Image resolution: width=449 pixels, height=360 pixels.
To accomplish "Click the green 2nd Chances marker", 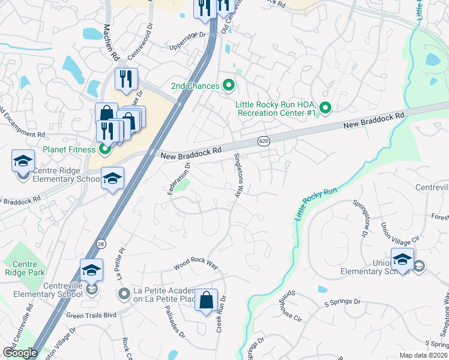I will point(228,86).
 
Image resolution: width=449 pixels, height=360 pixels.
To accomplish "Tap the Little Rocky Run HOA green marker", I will point(325,108).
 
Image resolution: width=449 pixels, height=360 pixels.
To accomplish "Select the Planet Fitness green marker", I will point(105,149).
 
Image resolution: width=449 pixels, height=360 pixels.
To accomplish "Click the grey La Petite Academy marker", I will point(124,293).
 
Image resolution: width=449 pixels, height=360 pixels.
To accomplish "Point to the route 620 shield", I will point(264,141).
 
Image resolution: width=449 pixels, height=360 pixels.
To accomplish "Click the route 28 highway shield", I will point(101,243).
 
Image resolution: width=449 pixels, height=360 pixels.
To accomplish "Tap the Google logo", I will point(20,353).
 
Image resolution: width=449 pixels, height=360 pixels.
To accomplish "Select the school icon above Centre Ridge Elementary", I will point(23,161).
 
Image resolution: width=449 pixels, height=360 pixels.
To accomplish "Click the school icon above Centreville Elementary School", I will point(91,271).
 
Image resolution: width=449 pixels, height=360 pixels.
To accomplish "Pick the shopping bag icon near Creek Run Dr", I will point(206,301).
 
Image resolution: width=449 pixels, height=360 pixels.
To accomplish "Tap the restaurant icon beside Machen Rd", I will point(126,79).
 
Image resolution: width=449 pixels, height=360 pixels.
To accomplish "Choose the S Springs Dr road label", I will point(342,302).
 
